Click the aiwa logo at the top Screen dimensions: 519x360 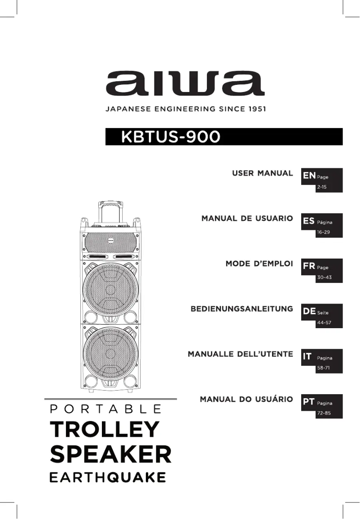(185, 84)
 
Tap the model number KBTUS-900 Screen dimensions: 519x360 (170, 136)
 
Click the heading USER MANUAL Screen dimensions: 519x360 (262, 173)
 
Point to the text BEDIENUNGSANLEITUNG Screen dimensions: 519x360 (241, 309)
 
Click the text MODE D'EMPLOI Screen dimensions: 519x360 (259, 264)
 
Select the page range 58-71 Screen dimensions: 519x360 (324, 368)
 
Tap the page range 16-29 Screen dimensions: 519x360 (324, 232)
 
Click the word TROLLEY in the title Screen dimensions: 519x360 (105, 430)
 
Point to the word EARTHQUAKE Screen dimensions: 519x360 (107, 477)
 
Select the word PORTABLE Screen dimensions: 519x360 (106, 409)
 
